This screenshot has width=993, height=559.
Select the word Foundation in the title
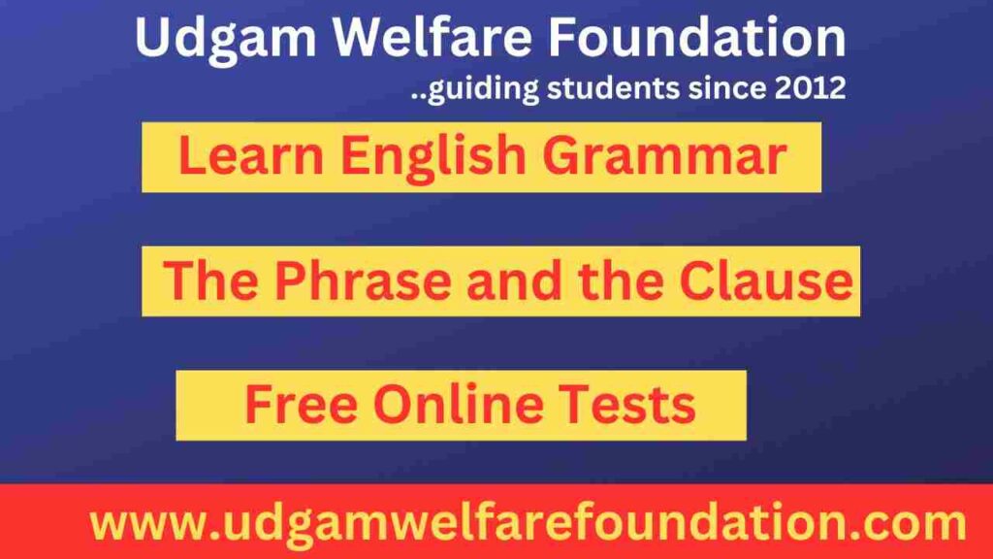coord(696,39)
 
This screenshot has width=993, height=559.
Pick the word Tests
coord(636,405)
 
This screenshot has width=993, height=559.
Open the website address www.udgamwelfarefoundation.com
coord(528,525)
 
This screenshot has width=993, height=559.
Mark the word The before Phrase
coord(211,281)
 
